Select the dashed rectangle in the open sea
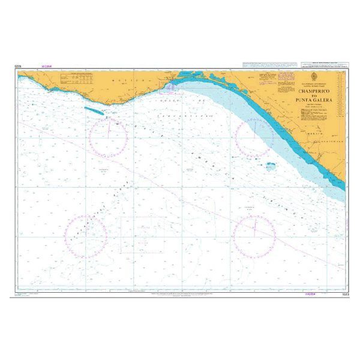click(143, 233)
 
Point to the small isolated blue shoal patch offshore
click(271, 164)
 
